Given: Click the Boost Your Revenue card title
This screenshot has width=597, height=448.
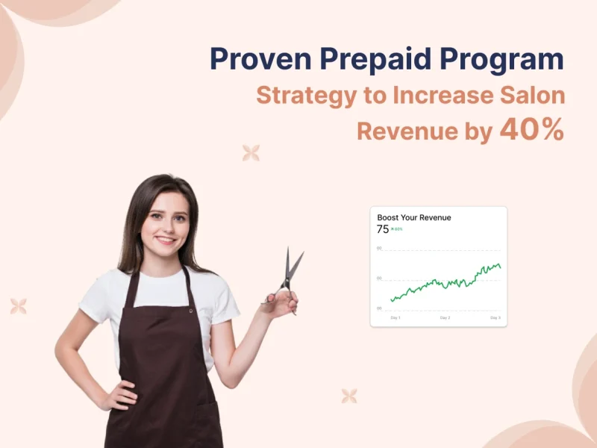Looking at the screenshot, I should click(x=414, y=218).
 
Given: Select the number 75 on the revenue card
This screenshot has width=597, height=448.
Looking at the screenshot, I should click(x=383, y=229).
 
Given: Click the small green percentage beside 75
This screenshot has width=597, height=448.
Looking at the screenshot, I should click(x=397, y=229).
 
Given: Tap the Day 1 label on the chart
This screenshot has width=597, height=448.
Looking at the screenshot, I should click(x=396, y=318).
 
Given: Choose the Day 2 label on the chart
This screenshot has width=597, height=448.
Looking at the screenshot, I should click(x=445, y=318).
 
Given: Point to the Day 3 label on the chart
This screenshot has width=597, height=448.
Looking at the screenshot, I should click(x=495, y=318).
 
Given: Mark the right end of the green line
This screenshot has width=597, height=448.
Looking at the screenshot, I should click(x=500, y=267).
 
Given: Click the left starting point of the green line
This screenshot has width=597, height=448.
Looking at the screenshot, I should click(x=390, y=301).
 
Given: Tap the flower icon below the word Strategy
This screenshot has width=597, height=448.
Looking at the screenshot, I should click(x=251, y=153).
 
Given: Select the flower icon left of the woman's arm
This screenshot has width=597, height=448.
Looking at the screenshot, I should click(x=19, y=306).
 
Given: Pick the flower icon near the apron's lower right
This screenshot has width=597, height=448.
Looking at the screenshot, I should click(x=348, y=396).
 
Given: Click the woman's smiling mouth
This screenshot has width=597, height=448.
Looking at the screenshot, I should click(x=166, y=241).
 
